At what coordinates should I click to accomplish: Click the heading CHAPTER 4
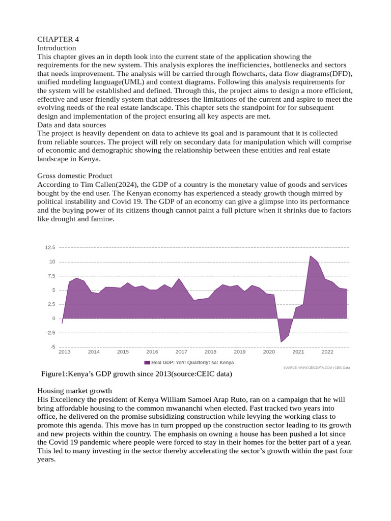(58, 39)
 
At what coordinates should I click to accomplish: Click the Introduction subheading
(57, 48)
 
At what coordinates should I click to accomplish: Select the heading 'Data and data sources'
(72, 125)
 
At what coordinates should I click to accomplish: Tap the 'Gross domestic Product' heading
(74, 176)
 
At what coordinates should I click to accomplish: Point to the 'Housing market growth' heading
(74, 391)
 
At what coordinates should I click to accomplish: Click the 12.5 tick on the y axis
(50, 248)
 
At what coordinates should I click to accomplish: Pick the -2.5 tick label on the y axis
(49, 333)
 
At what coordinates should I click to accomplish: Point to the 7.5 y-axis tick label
(50, 276)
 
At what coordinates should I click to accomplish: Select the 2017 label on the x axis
(181, 352)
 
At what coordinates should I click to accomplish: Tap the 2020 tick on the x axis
(269, 352)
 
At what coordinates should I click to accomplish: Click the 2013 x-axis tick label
(65, 352)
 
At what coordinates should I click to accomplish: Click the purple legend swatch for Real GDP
(147, 362)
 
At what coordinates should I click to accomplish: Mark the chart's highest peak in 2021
(311, 256)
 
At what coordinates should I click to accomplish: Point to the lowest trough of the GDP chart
(281, 341)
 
